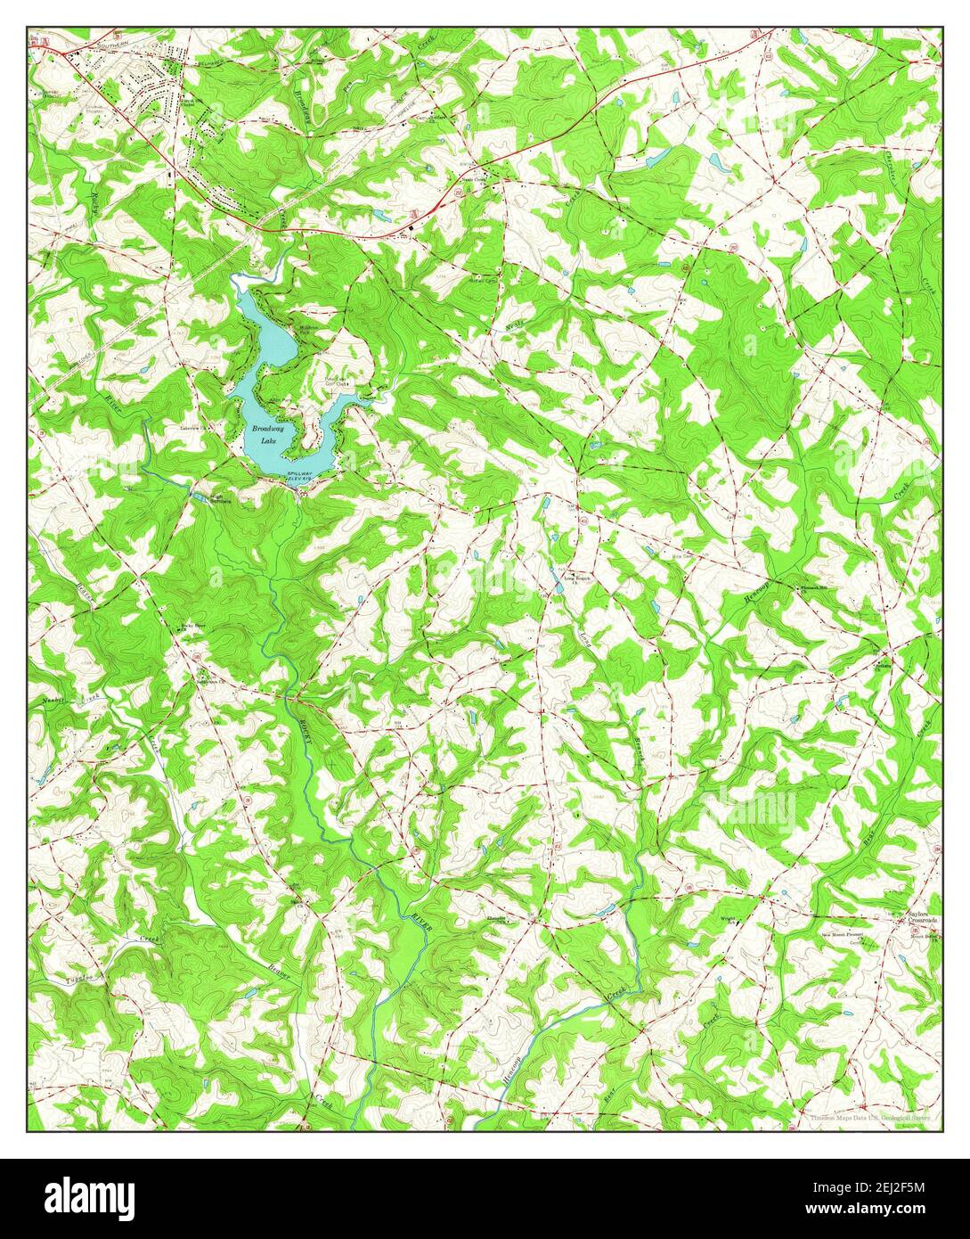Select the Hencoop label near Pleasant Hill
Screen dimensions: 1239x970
[x=753, y=603]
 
